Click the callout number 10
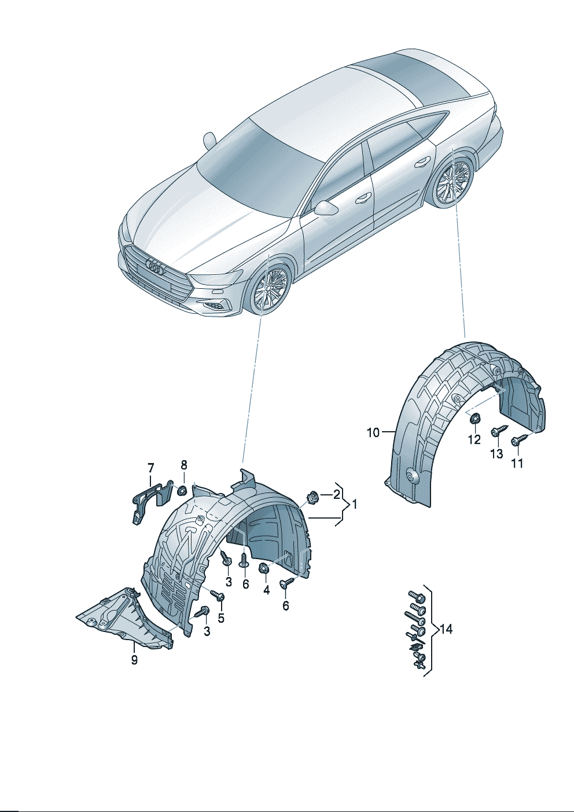[x=373, y=432]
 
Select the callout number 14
[x=446, y=629]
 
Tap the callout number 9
[x=134, y=659]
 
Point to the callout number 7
[x=150, y=468]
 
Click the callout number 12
[x=474, y=439]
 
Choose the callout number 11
[x=517, y=463]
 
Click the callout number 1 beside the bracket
[x=354, y=504]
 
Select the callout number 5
[x=221, y=618]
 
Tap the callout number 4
[x=266, y=590]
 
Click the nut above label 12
[x=473, y=417]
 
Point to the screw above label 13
[x=498, y=431]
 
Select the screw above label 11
[x=519, y=440]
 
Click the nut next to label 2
[x=313, y=497]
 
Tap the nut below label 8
[x=181, y=491]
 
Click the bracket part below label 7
[x=149, y=497]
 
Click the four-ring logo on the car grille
[x=156, y=267]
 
